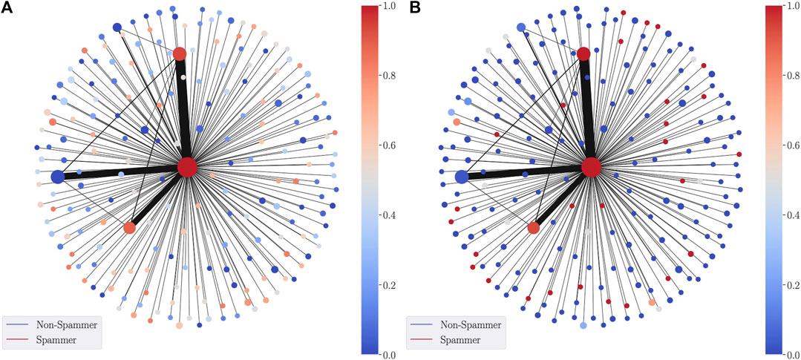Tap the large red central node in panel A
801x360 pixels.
tap(187, 167)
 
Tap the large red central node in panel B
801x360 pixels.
tap(591, 167)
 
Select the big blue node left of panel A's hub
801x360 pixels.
tap(58, 177)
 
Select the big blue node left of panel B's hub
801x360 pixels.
tap(461, 177)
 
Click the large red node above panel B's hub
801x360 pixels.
tap(583, 53)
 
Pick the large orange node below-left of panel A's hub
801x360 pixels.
tap(130, 227)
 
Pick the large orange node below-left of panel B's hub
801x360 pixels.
tap(533, 227)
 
